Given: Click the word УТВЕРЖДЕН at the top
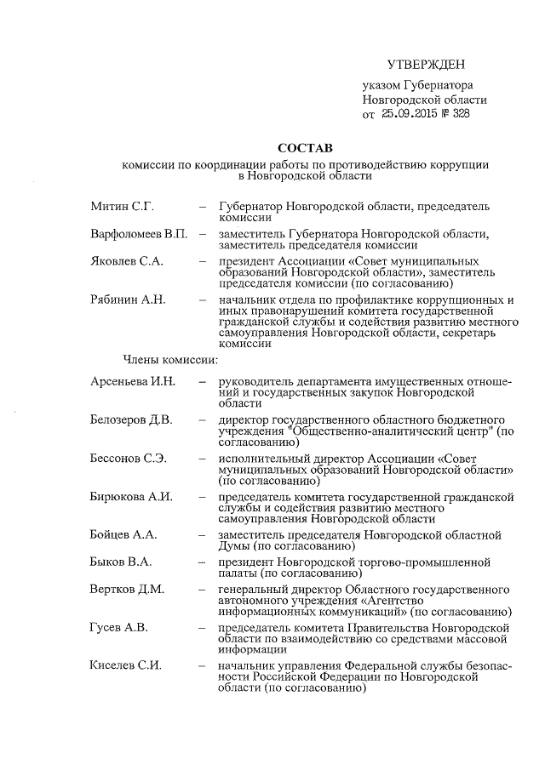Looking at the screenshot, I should click(427, 65).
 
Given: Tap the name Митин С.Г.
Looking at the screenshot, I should click(122, 207).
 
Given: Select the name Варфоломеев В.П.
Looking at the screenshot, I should click(139, 233).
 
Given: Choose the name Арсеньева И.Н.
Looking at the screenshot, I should click(133, 381).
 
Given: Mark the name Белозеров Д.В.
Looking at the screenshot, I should click(131, 419).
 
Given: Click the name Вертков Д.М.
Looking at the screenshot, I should click(127, 589).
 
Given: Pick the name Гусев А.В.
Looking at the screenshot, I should click(119, 627).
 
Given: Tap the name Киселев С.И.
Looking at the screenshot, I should click(126, 665).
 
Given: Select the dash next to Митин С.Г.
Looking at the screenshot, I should click(202, 207).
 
